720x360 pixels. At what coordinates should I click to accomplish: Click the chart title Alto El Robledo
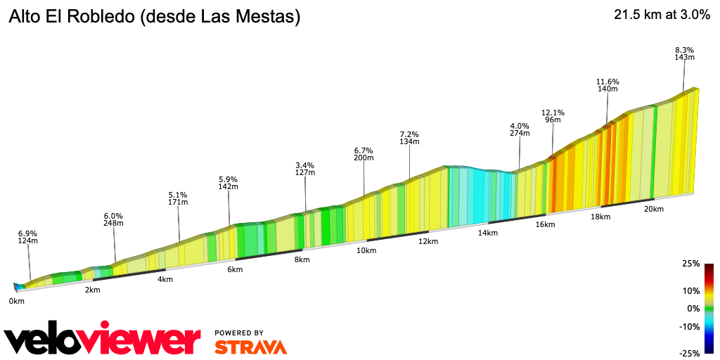coord(154,18)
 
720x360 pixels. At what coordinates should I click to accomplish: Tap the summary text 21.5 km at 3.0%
coord(662,15)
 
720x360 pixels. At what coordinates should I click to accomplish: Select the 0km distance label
coord(17,301)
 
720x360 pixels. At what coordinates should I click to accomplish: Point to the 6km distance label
coord(235,269)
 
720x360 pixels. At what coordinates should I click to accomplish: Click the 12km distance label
coord(428,241)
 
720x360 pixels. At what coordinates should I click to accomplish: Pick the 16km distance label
coord(545,224)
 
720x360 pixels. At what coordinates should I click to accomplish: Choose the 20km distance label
coord(654,209)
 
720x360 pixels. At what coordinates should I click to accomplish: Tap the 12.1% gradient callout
coord(553,116)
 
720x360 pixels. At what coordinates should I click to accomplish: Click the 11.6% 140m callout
coord(607,85)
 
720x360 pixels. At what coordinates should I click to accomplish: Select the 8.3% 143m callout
coord(684,53)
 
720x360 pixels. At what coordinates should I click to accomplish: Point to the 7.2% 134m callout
coord(409,138)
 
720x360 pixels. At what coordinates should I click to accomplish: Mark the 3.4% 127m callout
coord(305,169)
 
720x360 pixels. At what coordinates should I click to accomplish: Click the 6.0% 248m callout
coord(113,219)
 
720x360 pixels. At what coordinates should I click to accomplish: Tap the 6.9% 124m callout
coord(28,237)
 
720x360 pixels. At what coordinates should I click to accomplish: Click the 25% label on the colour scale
coord(690,264)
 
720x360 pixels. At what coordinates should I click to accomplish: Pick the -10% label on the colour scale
coord(689,326)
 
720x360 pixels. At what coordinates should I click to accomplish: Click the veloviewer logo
coord(102,340)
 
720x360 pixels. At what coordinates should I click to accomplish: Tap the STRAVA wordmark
coord(250,347)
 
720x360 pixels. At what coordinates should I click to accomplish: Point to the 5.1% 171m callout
coord(178,198)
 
